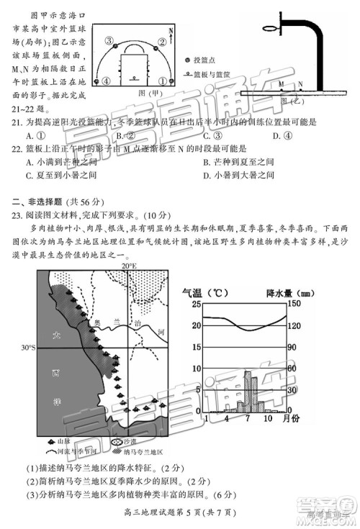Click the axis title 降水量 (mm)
(285, 293)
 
